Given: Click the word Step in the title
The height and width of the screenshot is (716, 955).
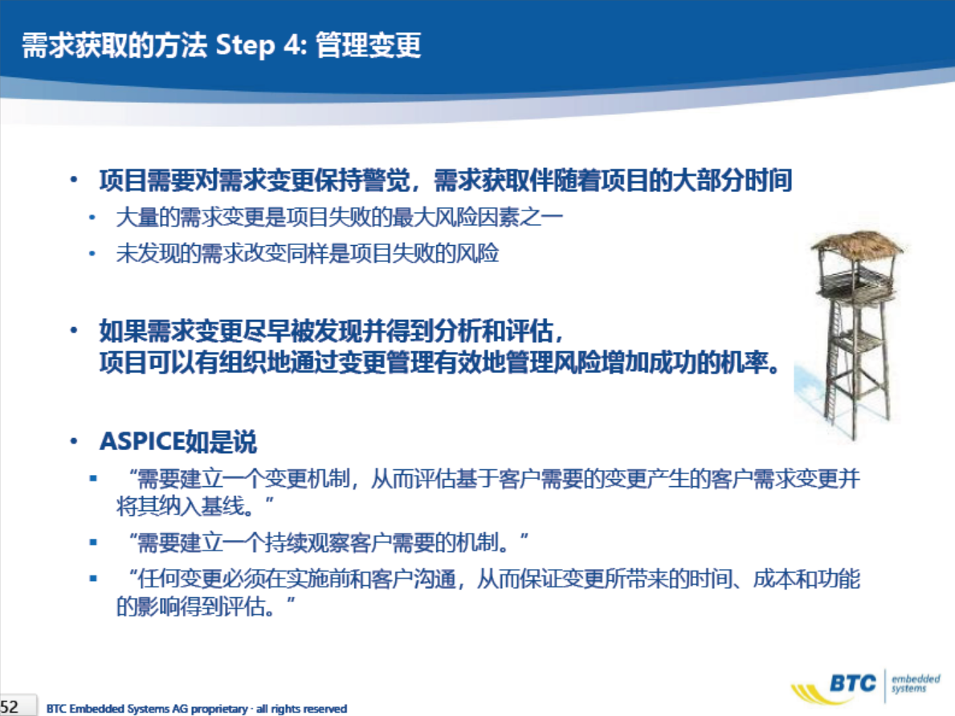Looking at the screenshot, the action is pyautogui.click(x=246, y=46).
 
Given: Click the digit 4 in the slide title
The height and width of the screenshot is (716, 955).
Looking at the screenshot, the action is pyautogui.click(x=292, y=45).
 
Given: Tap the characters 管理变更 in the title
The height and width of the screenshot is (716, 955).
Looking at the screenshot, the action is pyautogui.click(x=369, y=45).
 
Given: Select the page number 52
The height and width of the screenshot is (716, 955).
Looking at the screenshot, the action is pyautogui.click(x=10, y=707).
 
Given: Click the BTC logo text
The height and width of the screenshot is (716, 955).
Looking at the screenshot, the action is pyautogui.click(x=853, y=684).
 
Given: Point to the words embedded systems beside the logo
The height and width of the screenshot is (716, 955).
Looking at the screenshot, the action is pyautogui.click(x=916, y=683).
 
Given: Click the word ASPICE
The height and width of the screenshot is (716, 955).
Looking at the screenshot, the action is pyautogui.click(x=142, y=442).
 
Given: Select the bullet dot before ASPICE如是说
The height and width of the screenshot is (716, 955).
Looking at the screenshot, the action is pyautogui.click(x=74, y=441).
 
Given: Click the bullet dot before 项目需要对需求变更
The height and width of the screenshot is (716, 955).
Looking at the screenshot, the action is pyautogui.click(x=74, y=180).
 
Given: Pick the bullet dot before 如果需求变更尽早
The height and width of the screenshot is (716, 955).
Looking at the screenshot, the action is pyautogui.click(x=74, y=330).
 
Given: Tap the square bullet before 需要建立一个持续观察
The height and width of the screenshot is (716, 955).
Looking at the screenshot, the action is pyautogui.click(x=93, y=542).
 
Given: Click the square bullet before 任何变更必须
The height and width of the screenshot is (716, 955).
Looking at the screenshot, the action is pyautogui.click(x=93, y=579).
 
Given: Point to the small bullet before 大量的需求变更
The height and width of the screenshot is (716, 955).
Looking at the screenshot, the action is pyautogui.click(x=92, y=218).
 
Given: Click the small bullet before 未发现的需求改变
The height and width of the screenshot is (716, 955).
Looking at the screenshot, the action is pyautogui.click(x=92, y=253).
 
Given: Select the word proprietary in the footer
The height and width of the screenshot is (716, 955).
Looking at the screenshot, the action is pyautogui.click(x=219, y=709).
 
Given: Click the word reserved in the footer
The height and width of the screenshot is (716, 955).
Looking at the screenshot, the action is pyautogui.click(x=325, y=709).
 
